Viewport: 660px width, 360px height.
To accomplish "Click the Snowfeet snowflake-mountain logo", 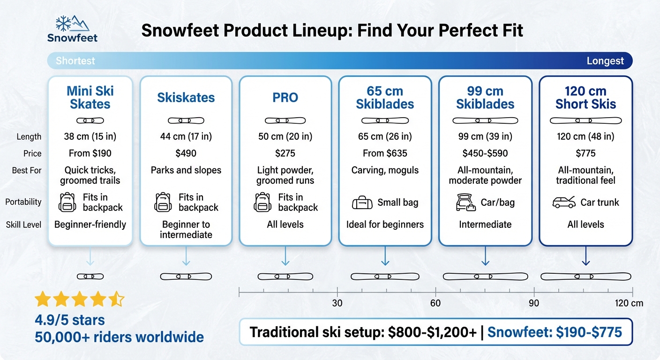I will click(72, 23).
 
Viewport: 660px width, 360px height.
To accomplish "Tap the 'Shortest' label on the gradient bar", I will click(75, 61).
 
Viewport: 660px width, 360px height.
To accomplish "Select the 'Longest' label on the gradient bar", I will click(605, 61).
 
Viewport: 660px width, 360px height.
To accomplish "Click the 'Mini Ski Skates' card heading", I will click(90, 97).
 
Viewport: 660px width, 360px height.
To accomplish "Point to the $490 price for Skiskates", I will click(186, 153).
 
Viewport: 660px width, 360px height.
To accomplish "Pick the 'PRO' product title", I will click(285, 97).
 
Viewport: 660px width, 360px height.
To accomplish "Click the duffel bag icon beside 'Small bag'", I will click(362, 203).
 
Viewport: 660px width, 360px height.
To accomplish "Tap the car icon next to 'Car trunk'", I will click(564, 202).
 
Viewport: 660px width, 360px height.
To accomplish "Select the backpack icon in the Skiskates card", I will click(163, 202).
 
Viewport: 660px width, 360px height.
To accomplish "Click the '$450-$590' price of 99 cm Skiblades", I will click(485, 153).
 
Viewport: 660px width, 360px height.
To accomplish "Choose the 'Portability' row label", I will click(23, 202).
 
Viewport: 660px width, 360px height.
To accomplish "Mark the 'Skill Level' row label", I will click(23, 225).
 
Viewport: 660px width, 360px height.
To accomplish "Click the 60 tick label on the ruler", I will click(435, 303).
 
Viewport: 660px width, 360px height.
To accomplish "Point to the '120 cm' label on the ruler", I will click(629, 303).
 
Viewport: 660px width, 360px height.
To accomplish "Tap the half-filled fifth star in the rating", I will click(117, 299).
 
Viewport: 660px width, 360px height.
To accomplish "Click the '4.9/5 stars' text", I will click(70, 320).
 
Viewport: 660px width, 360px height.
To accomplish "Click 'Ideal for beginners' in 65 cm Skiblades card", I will click(385, 225).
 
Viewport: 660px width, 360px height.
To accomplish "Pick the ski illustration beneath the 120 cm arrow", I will click(585, 277).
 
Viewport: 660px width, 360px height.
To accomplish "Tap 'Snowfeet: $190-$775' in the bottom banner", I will click(555, 332).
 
